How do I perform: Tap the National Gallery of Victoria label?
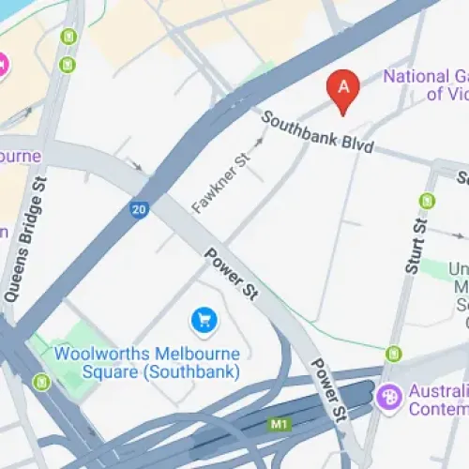[x=425, y=85]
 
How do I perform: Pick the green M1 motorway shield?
[x=279, y=425]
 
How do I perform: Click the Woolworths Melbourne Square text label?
[x=146, y=355]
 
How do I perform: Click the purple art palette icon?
[x=387, y=398]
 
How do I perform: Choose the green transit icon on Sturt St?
[x=428, y=200]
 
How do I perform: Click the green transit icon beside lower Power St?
[x=393, y=354]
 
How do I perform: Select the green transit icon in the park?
[x=41, y=382]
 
